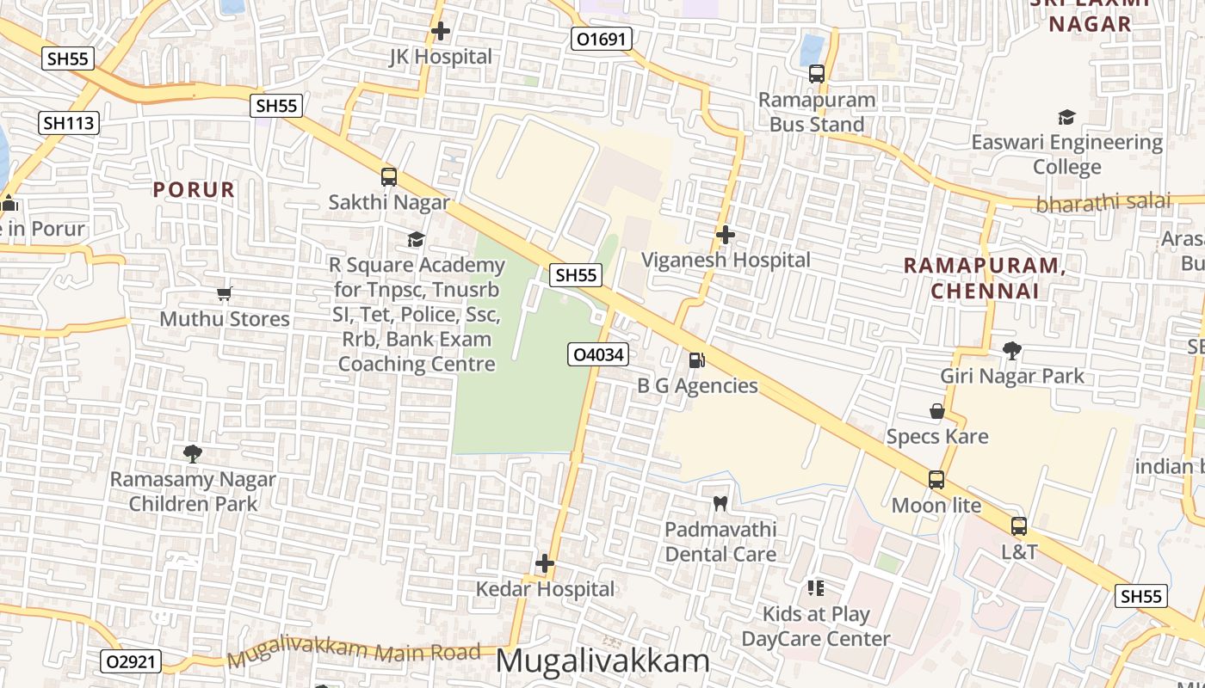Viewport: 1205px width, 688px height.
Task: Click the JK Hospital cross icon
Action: pos(441,32)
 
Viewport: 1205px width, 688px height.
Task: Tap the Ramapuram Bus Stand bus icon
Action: pos(817,74)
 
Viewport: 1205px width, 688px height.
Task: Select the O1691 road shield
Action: pos(602,39)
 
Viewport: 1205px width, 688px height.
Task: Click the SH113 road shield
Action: pos(69,123)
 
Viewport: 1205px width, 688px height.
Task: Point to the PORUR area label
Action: pos(194,190)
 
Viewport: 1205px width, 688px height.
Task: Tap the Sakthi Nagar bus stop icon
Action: pos(389,177)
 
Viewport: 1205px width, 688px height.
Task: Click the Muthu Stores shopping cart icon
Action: pos(225,294)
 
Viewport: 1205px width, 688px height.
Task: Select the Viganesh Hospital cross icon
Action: pos(726,234)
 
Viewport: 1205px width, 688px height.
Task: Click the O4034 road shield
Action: pos(598,353)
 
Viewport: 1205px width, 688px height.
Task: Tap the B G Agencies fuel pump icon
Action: pos(696,360)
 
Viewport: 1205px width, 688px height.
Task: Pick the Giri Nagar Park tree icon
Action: pos(1012,351)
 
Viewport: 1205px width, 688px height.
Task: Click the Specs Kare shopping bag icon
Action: pos(937,411)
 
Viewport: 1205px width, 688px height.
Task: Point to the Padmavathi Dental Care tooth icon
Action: pos(720,503)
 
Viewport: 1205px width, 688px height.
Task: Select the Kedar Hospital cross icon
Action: pos(545,564)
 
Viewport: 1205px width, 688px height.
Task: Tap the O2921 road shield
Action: pos(131,661)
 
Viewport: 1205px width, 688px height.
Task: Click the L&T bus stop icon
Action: pos(1019,525)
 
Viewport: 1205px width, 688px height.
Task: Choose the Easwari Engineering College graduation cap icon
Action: pos(1066,117)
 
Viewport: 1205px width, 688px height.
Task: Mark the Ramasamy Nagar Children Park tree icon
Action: pos(193,454)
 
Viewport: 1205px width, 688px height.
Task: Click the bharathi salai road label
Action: pos(1103,202)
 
